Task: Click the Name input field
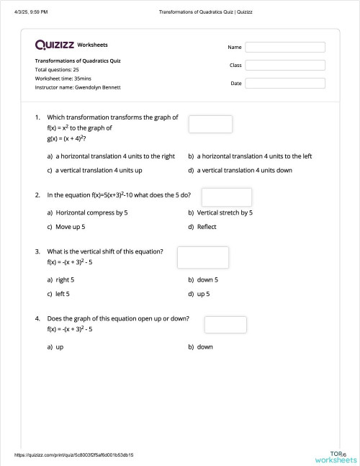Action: (x=284, y=47)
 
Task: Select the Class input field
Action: (x=284, y=65)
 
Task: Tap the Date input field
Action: (x=284, y=83)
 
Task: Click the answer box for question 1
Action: (x=210, y=124)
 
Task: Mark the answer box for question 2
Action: (x=226, y=197)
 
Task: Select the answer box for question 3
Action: (x=202, y=257)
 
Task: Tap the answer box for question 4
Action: (x=225, y=324)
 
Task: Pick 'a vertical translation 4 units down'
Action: (x=244, y=170)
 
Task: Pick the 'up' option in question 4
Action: (x=59, y=346)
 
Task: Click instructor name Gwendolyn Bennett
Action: (x=78, y=87)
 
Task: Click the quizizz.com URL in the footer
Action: (x=74, y=455)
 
